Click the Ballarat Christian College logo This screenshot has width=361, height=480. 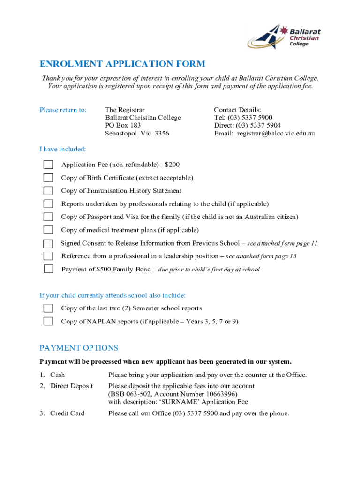(284, 37)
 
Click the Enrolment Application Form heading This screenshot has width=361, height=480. (122, 64)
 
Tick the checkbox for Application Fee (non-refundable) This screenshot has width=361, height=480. (48, 165)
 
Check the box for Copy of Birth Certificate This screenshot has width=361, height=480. (48, 178)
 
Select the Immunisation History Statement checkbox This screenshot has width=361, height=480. (48, 191)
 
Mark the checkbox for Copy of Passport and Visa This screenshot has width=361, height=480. (48, 217)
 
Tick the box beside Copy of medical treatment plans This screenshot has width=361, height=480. (48, 230)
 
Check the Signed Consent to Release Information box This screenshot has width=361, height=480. (48, 243)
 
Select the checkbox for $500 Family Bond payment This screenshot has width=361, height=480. (48, 269)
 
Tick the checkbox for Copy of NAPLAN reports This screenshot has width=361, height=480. (48, 322)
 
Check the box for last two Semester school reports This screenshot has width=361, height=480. (48, 308)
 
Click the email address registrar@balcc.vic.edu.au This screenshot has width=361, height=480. (276, 134)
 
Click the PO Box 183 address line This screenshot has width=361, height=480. (123, 126)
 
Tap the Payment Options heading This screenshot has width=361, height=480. (79, 348)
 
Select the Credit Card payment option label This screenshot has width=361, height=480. (67, 413)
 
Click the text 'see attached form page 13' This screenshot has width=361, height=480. (261, 256)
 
